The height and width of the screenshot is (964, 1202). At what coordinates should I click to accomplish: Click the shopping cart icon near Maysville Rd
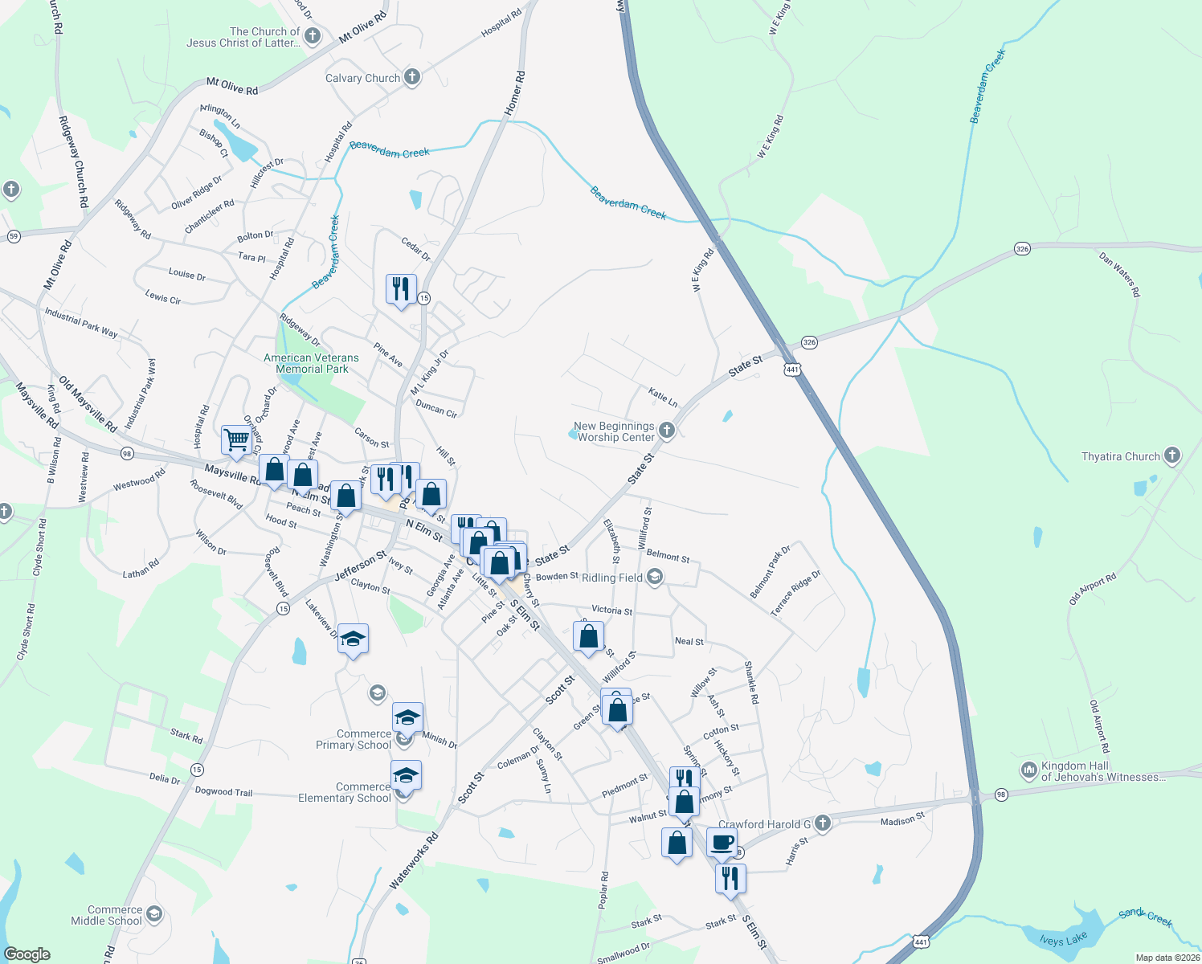click(235, 440)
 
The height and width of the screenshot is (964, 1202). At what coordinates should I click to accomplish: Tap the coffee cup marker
click(721, 843)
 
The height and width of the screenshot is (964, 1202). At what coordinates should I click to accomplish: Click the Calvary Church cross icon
click(412, 77)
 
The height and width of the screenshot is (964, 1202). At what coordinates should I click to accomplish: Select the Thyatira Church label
click(1120, 456)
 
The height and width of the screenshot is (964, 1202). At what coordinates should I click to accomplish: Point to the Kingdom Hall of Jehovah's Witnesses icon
click(1028, 770)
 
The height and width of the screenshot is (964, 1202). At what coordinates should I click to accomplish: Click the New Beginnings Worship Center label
click(615, 432)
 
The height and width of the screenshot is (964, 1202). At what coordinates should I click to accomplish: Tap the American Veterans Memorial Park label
click(312, 364)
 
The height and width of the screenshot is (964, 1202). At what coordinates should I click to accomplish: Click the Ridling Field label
click(611, 578)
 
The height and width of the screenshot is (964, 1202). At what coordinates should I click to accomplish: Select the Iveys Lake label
click(1063, 940)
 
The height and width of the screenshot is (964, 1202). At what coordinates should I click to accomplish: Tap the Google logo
click(27, 954)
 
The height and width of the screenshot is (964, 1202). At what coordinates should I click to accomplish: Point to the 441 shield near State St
click(792, 370)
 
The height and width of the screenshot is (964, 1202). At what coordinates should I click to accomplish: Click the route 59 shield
click(14, 236)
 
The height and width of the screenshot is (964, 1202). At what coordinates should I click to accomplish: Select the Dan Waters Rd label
click(1119, 276)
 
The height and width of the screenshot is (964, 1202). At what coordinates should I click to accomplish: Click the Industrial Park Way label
click(81, 322)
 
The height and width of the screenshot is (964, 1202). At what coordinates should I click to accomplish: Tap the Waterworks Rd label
click(414, 860)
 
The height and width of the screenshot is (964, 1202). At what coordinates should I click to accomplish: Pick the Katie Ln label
click(663, 396)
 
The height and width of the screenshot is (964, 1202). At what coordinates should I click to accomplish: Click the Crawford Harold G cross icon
click(822, 823)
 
